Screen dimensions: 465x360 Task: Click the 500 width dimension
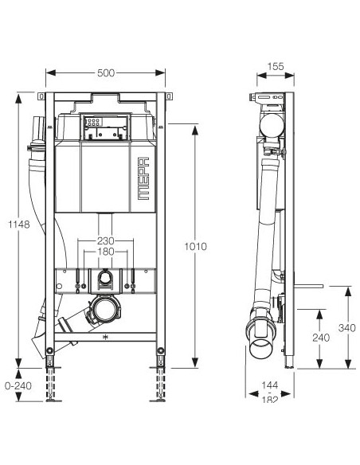click(x=106, y=72)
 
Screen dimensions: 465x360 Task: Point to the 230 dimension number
click(x=106, y=240)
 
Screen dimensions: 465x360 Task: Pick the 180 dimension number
click(x=106, y=251)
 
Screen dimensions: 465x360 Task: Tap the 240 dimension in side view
click(x=320, y=337)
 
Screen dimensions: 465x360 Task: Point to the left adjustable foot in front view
click(x=53, y=381)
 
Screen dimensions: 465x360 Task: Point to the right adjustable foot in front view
click(x=159, y=381)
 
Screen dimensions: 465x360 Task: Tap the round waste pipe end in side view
click(x=260, y=347)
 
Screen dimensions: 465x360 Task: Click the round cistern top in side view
click(x=272, y=124)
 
